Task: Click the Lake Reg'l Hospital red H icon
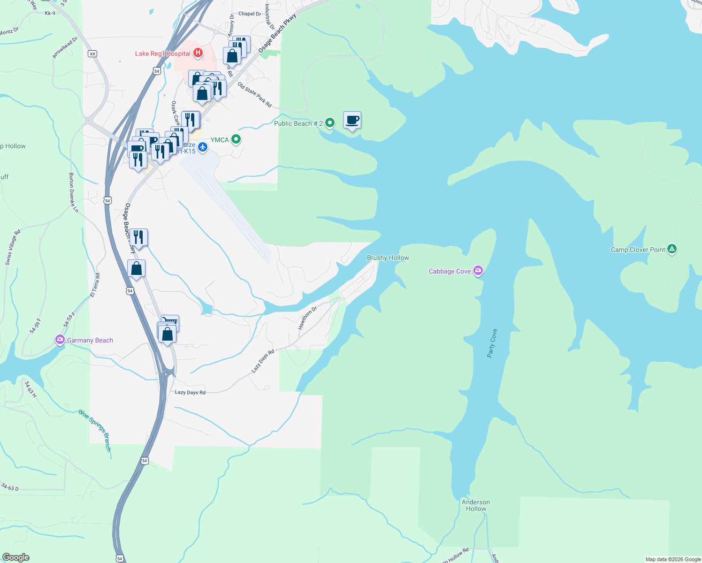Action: pyautogui.click(x=198, y=53)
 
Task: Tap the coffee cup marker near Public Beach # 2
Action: pyautogui.click(x=352, y=121)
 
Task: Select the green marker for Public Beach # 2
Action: pyautogui.click(x=330, y=123)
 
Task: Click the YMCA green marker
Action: pyautogui.click(x=237, y=139)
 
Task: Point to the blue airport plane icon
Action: pyautogui.click(x=203, y=147)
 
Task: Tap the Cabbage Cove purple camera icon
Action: pyautogui.click(x=478, y=271)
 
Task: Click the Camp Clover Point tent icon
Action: pyautogui.click(x=672, y=249)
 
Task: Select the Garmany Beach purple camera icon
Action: pyautogui.click(x=60, y=340)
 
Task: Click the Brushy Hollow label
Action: pyautogui.click(x=388, y=258)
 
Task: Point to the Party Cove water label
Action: pyautogui.click(x=492, y=343)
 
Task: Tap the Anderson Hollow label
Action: pyautogui.click(x=476, y=505)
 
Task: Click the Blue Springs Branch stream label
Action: pyautogui.click(x=95, y=430)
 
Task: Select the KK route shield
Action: pyautogui.click(x=92, y=54)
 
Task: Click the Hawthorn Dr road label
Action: pyautogui.click(x=308, y=318)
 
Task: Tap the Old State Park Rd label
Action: pyautogui.click(x=254, y=95)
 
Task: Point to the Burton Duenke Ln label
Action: pyautogui.click(x=74, y=192)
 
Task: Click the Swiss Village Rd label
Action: pyautogui.click(x=13, y=247)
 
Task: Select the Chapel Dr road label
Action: pyautogui.click(x=250, y=14)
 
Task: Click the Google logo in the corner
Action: pyautogui.click(x=15, y=557)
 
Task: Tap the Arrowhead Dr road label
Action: pyautogui.click(x=65, y=48)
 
